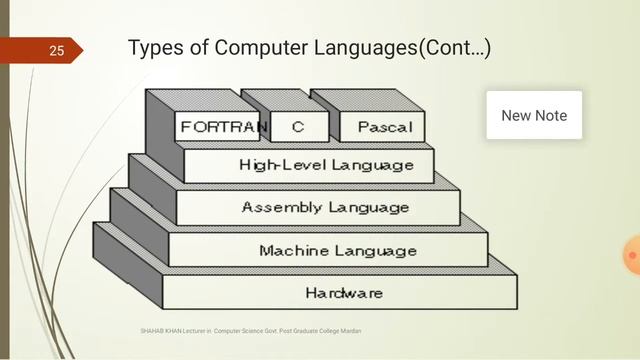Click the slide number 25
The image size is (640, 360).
[x=55, y=50]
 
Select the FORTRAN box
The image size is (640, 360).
[x=223, y=128]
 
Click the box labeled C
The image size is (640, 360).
[x=298, y=128]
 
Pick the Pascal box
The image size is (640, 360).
[x=384, y=128]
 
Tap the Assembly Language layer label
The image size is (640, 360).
[x=325, y=207]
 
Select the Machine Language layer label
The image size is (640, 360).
[x=338, y=250]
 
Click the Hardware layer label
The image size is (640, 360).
[x=344, y=293]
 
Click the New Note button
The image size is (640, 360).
[x=534, y=115]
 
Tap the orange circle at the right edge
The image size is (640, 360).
[x=632, y=257]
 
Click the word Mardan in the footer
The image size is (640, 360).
[x=350, y=330]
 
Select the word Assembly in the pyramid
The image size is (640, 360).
[x=282, y=207]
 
